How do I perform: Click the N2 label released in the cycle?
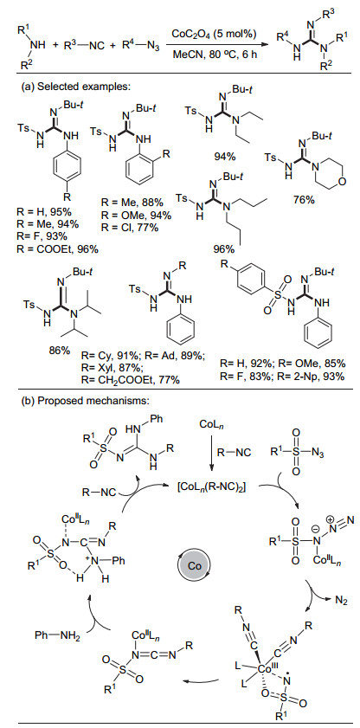coord(340,602)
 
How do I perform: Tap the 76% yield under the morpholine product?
coord(304,200)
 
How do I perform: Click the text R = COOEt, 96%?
coord(56,248)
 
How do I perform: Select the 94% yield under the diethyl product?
coord(225,157)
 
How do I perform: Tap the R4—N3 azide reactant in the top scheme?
coord(140,46)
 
